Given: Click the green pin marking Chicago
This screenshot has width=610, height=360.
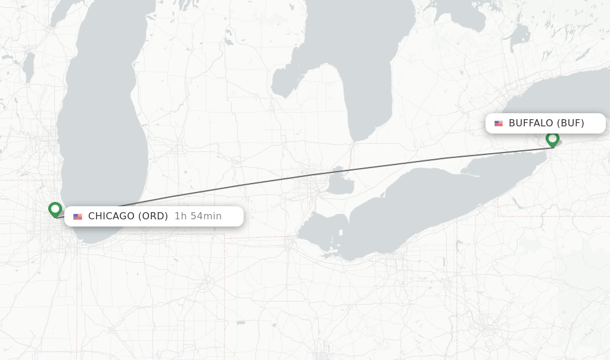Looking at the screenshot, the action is pyautogui.click(x=55, y=209).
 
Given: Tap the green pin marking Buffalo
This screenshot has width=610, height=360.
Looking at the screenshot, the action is pyautogui.click(x=552, y=139).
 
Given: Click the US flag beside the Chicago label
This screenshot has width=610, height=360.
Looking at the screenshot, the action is pyautogui.click(x=77, y=216).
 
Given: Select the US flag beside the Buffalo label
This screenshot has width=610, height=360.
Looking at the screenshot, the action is pyautogui.click(x=499, y=123).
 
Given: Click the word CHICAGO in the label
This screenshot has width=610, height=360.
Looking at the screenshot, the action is pyautogui.click(x=111, y=216).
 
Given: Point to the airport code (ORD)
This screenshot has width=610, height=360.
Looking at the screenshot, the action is pyautogui.click(x=153, y=216).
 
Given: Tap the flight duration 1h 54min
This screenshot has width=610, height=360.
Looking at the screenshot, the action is pyautogui.click(x=198, y=216).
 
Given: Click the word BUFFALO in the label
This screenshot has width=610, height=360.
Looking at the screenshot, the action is pyautogui.click(x=531, y=123).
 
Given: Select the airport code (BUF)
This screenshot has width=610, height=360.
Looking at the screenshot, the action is pyautogui.click(x=570, y=123).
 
